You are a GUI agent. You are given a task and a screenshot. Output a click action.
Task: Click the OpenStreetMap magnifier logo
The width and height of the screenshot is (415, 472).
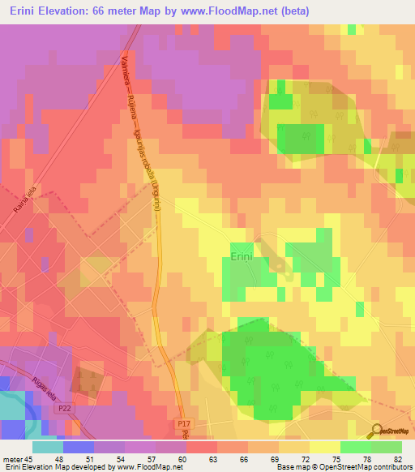coord(378,431)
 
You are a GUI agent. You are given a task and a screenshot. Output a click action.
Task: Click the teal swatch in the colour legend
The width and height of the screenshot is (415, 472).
coord(47,447)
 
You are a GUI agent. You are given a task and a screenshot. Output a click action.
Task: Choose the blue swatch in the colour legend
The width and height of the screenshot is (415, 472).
coord(78,447)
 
